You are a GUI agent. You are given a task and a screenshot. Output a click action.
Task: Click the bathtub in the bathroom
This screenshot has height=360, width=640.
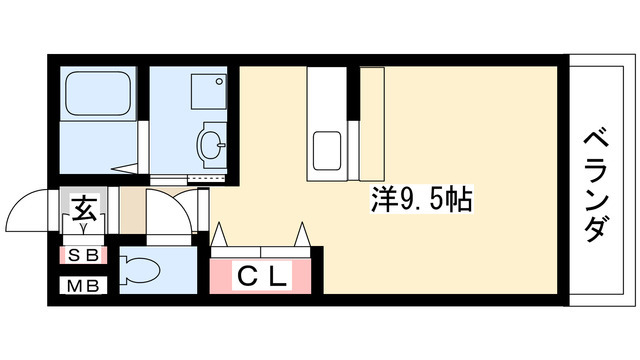(x=98, y=96)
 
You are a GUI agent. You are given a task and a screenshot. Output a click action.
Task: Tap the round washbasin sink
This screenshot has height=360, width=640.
(x=212, y=145)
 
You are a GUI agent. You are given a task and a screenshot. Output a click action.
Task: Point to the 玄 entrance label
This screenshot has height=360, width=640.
(x=84, y=212)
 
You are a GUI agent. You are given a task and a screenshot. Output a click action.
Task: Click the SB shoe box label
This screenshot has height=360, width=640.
(x=84, y=255)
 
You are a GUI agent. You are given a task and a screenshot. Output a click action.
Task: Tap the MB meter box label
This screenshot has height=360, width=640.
(x=84, y=287)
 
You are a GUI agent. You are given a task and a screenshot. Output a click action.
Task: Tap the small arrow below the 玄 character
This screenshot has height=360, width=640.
(x=84, y=227)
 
